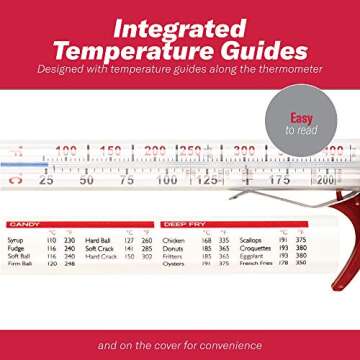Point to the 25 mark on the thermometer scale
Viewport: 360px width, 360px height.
point(46,181)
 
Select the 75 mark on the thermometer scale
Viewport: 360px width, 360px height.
point(127,181)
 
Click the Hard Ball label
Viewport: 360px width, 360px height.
point(97,241)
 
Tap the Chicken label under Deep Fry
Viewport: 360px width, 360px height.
point(173,241)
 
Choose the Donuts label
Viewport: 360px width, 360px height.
point(172,248)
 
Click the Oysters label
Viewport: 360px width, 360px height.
point(173,264)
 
